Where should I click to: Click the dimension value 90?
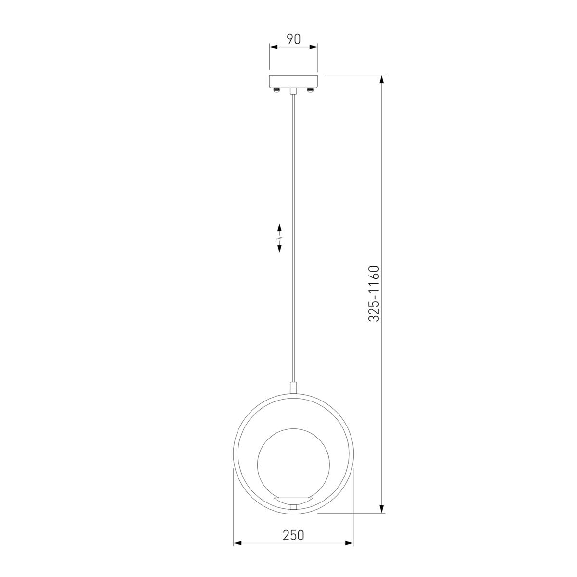(x=293, y=39)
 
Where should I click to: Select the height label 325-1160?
(x=374, y=294)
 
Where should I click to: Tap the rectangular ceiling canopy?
(x=293, y=81)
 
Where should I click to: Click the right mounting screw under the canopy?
(x=310, y=89)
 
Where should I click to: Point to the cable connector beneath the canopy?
(x=293, y=91)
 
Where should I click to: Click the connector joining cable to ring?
(x=293, y=388)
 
